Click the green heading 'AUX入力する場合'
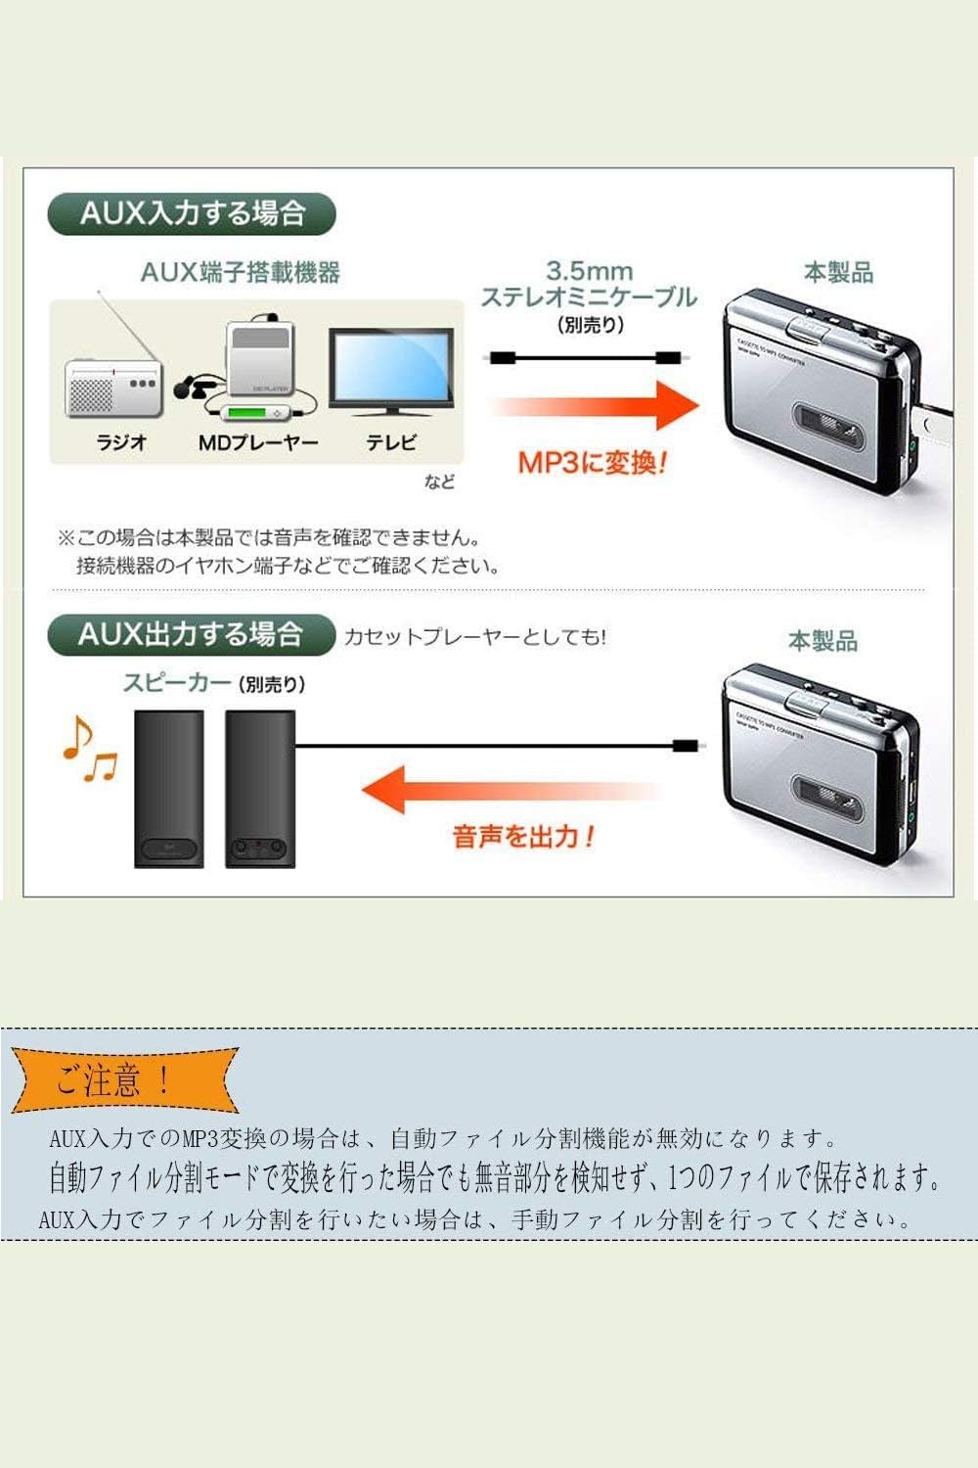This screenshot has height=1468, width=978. point(192,214)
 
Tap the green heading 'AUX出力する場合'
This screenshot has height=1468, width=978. point(191,634)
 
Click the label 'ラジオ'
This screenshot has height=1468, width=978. point(121,442)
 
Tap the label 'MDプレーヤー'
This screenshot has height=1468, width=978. point(258,442)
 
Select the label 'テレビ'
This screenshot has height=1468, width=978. point(391,442)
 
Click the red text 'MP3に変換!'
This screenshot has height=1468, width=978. point(592,462)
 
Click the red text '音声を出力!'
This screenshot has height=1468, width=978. point(524,837)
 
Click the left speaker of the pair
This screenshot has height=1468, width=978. point(168,788)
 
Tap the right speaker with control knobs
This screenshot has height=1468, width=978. point(260,788)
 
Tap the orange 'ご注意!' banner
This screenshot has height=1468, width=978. point(125,1080)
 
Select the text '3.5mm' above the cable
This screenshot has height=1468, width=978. point(589,271)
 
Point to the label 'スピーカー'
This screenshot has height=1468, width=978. point(177,682)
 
